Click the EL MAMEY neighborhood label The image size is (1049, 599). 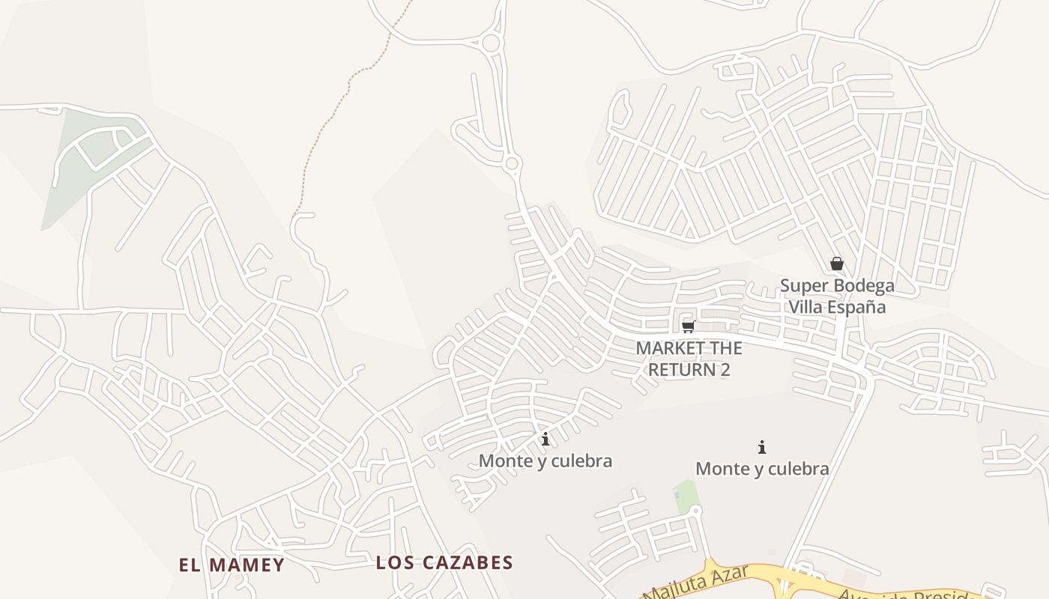pos(232,565)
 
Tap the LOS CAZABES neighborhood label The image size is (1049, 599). pos(444,562)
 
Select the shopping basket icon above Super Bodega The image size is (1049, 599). pos(837,264)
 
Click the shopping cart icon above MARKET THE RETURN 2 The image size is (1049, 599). pos(689,326)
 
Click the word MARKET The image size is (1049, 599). pos(670,348)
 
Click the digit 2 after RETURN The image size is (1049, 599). pos(725,369)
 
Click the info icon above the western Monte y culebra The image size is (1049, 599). pos(545,439)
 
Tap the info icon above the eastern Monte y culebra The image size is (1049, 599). pos(762,447)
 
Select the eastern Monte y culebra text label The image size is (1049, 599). pos(762,469)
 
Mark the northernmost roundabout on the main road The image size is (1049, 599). pos(491,43)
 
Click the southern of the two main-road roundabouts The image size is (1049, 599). pos(513,163)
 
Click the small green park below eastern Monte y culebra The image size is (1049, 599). pos(685,496)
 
